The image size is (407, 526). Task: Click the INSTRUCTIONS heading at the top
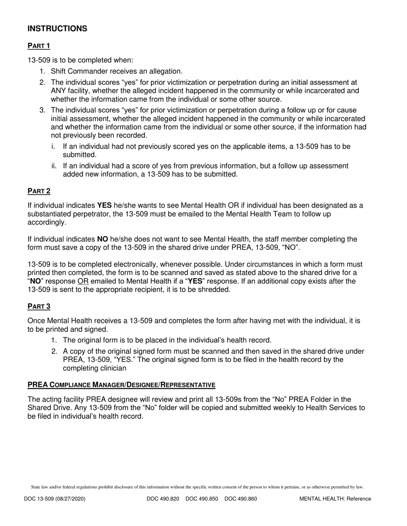click(57, 29)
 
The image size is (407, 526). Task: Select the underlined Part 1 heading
click(39, 46)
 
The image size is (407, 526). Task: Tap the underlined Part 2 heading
click(39, 191)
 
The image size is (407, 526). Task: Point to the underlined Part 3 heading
click(39, 306)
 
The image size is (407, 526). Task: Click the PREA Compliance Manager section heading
click(121, 385)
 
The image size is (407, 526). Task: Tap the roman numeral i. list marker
click(53, 146)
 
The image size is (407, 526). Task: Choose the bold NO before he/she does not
click(103, 239)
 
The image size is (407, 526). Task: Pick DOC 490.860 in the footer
click(241, 498)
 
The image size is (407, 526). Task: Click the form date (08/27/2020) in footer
click(69, 498)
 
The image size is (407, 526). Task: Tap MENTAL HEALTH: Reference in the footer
click(335, 498)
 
